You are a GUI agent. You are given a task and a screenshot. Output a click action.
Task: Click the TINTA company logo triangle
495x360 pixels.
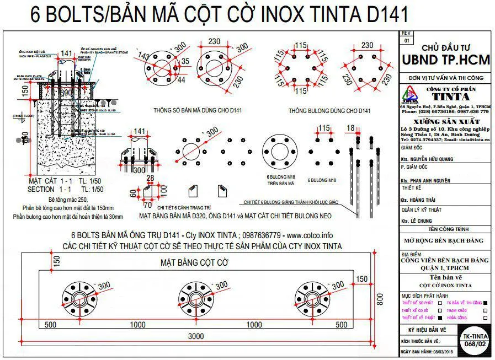[409, 94]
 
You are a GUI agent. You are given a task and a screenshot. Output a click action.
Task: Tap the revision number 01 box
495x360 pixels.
[407, 40]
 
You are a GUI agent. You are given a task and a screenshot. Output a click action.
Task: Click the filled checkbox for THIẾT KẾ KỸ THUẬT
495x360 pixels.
[440, 318]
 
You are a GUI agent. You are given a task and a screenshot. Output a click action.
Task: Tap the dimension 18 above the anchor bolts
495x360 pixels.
[350, 128]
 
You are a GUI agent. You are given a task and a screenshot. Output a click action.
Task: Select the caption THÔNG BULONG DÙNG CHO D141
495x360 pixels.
[329, 110]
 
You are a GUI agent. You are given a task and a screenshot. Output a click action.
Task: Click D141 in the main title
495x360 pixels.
[376, 15]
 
